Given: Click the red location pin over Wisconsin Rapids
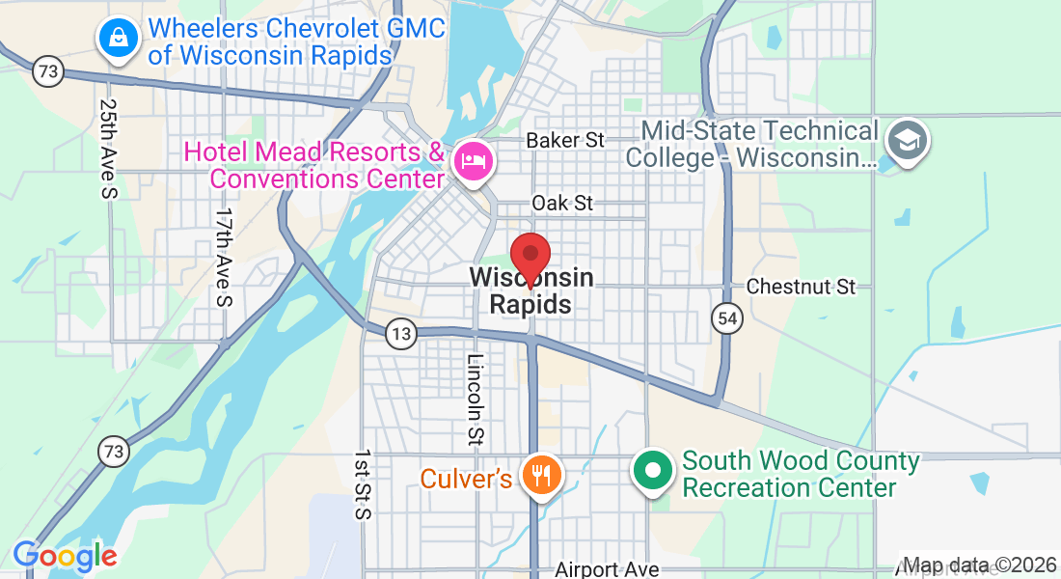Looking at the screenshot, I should tap(530, 257).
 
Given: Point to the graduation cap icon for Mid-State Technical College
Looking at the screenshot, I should tap(907, 140).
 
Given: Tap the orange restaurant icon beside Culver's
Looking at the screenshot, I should tap(541, 476).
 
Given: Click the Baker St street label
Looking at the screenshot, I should tap(565, 141).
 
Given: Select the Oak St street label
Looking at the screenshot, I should tap(562, 204).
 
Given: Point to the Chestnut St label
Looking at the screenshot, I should tap(802, 287).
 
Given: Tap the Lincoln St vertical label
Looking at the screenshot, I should tap(475, 400).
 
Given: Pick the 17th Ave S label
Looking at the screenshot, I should tap(224, 258).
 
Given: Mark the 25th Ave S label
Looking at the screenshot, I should tap(108, 150).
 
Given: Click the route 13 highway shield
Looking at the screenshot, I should tap(400, 335).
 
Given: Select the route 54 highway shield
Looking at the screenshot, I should tap(725, 317).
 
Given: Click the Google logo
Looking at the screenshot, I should tap(65, 556).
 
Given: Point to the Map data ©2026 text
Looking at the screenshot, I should tap(979, 565).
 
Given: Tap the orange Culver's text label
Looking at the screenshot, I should tap(466, 478).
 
